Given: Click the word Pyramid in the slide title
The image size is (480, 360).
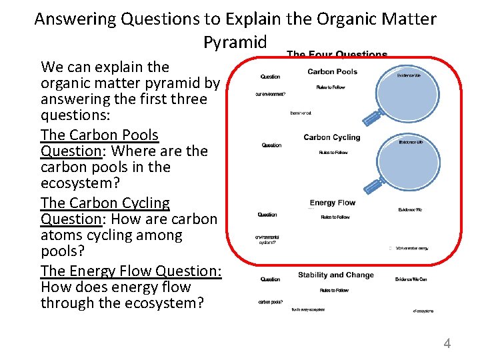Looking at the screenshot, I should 235,43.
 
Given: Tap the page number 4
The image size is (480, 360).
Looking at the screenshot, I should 447,344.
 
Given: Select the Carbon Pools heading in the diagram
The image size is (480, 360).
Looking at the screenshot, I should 332,72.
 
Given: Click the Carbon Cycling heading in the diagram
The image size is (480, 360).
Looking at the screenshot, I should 331,137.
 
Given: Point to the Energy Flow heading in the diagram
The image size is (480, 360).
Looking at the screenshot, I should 333,203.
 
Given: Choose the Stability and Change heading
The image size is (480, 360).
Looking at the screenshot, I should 335,275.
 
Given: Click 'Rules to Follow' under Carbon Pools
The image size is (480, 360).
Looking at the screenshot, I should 331,87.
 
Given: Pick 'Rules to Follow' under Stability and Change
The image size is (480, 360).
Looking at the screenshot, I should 333,290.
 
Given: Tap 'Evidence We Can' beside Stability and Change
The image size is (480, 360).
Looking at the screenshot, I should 411,279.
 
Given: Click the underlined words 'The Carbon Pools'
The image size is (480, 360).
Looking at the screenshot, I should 99,135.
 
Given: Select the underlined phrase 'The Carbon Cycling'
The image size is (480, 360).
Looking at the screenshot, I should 105,203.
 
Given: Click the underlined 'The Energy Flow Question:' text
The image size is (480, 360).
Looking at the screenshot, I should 131,271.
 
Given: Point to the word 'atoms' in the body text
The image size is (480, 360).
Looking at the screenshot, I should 62,235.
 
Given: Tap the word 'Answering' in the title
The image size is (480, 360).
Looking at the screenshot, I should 75,19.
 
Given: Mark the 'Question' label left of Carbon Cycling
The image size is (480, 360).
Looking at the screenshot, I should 271,145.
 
